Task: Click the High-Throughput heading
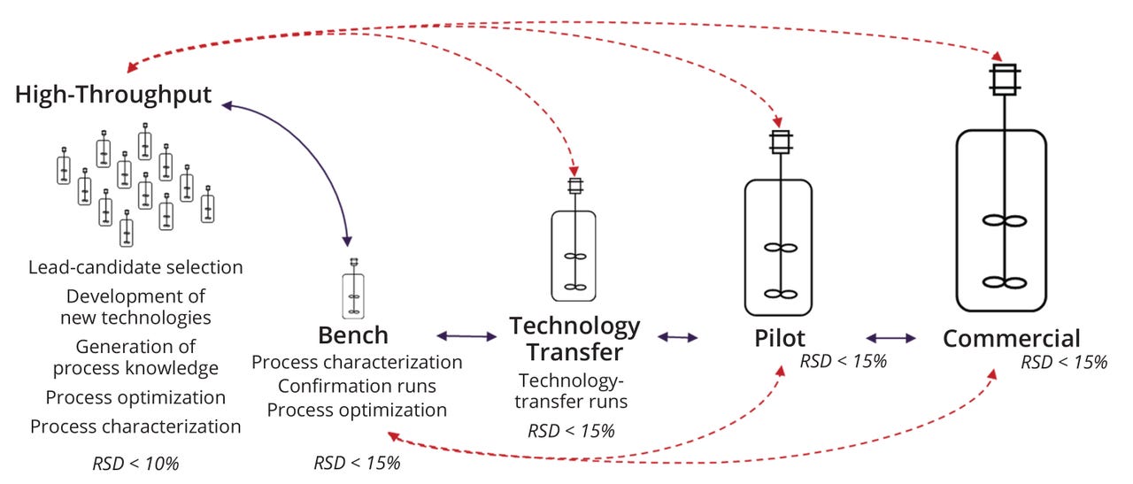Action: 113,95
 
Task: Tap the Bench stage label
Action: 353,335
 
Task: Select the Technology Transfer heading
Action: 574,339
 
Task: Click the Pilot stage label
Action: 780,339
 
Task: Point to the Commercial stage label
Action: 1012,339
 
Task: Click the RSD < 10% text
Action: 135,463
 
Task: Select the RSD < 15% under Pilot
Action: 844,361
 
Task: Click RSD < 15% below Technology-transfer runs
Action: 571,431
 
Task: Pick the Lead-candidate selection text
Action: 135,267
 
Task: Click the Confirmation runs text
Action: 357,386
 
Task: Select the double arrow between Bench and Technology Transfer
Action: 467,336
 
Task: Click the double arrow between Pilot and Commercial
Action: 891,337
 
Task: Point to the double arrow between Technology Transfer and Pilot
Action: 677,337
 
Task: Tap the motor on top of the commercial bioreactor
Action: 1005,81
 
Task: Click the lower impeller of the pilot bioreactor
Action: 775,294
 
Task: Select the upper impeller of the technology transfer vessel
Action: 574,257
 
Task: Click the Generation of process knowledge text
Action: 135,357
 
